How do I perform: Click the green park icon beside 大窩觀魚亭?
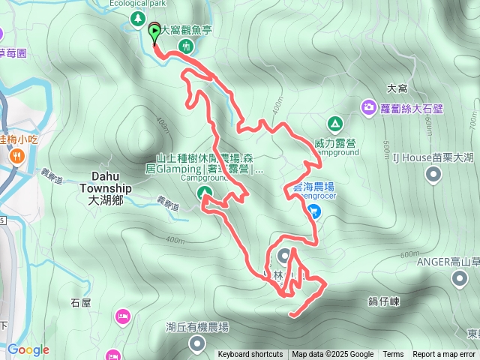click(x=187, y=46)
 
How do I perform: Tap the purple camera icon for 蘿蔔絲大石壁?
click(x=368, y=108)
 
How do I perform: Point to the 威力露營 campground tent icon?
click(x=334, y=123)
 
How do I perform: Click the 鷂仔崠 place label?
click(x=384, y=301)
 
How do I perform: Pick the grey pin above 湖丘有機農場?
click(x=196, y=343)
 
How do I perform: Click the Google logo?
click(x=28, y=349)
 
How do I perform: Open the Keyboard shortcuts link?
click(x=250, y=355)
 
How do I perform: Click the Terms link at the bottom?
click(x=393, y=355)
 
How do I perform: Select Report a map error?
click(x=444, y=355)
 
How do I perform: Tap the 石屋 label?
click(x=80, y=303)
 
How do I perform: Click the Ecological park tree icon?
click(x=138, y=19)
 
